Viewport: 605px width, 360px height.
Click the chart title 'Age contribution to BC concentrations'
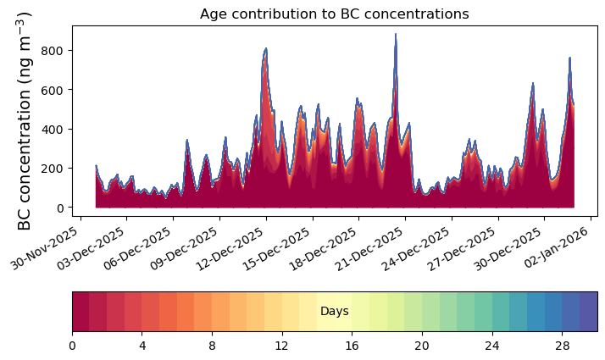pyautogui.click(x=334, y=14)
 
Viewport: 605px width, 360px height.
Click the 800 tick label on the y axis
pyautogui.click(x=52, y=51)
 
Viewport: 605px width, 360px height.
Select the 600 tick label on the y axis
pyautogui.click(x=52, y=90)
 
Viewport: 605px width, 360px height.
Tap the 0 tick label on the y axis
pyautogui.click(x=60, y=208)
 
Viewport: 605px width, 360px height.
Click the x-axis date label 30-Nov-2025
pyautogui.click(x=44, y=248)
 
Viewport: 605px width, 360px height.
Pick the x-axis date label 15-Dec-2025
pyautogui.click(x=276, y=248)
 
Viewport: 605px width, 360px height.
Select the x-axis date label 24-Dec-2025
pyautogui.click(x=415, y=248)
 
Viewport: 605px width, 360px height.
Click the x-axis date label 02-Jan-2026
pyautogui.click(x=556, y=247)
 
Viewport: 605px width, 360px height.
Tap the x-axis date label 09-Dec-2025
pyautogui.click(x=184, y=248)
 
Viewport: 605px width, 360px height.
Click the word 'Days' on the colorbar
pyautogui.click(x=335, y=312)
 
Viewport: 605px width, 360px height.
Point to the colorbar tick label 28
pyautogui.click(x=562, y=346)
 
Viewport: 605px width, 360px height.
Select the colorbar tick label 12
pyautogui.click(x=282, y=346)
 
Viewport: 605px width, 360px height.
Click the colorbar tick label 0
pyautogui.click(x=73, y=346)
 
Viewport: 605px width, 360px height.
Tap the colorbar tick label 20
pyautogui.click(x=422, y=346)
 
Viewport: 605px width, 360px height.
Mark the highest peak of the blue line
pyautogui.click(x=396, y=35)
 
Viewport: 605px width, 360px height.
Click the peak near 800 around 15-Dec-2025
pyautogui.click(x=266, y=48)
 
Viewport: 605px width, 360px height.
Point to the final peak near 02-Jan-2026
pyautogui.click(x=569, y=58)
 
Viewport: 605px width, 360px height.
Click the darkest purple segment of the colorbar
pyautogui.click(x=589, y=312)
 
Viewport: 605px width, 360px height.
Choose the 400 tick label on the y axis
pyautogui.click(x=52, y=130)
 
